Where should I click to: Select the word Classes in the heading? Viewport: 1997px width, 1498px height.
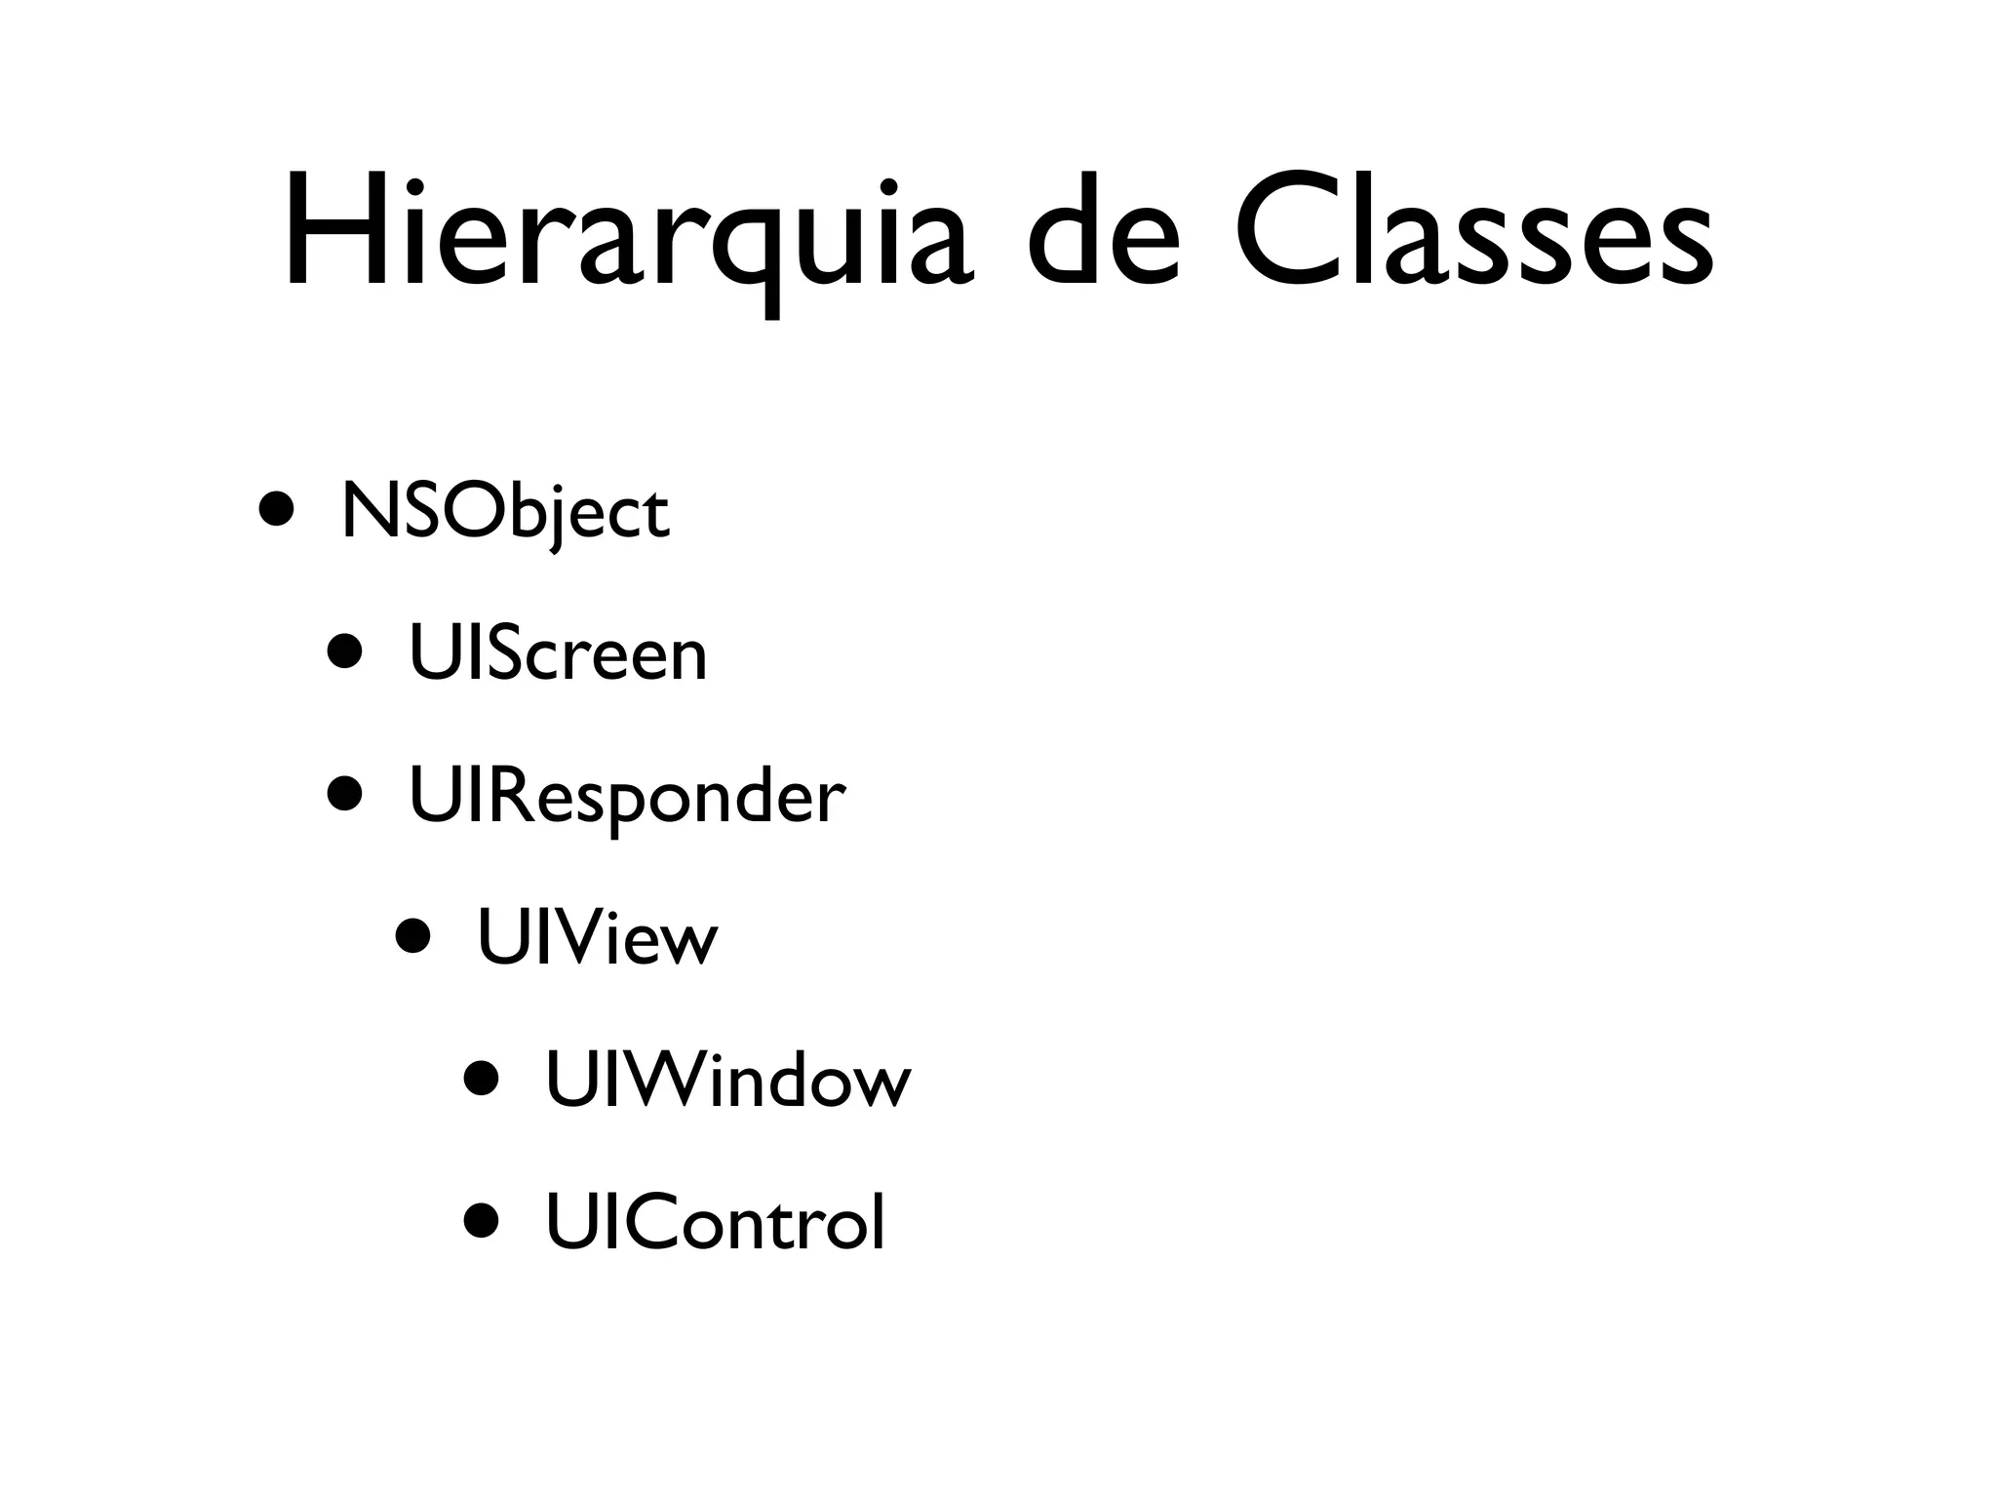[1472, 234]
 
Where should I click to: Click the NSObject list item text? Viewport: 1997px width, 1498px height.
[504, 513]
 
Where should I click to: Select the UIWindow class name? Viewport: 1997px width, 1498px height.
[727, 1081]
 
